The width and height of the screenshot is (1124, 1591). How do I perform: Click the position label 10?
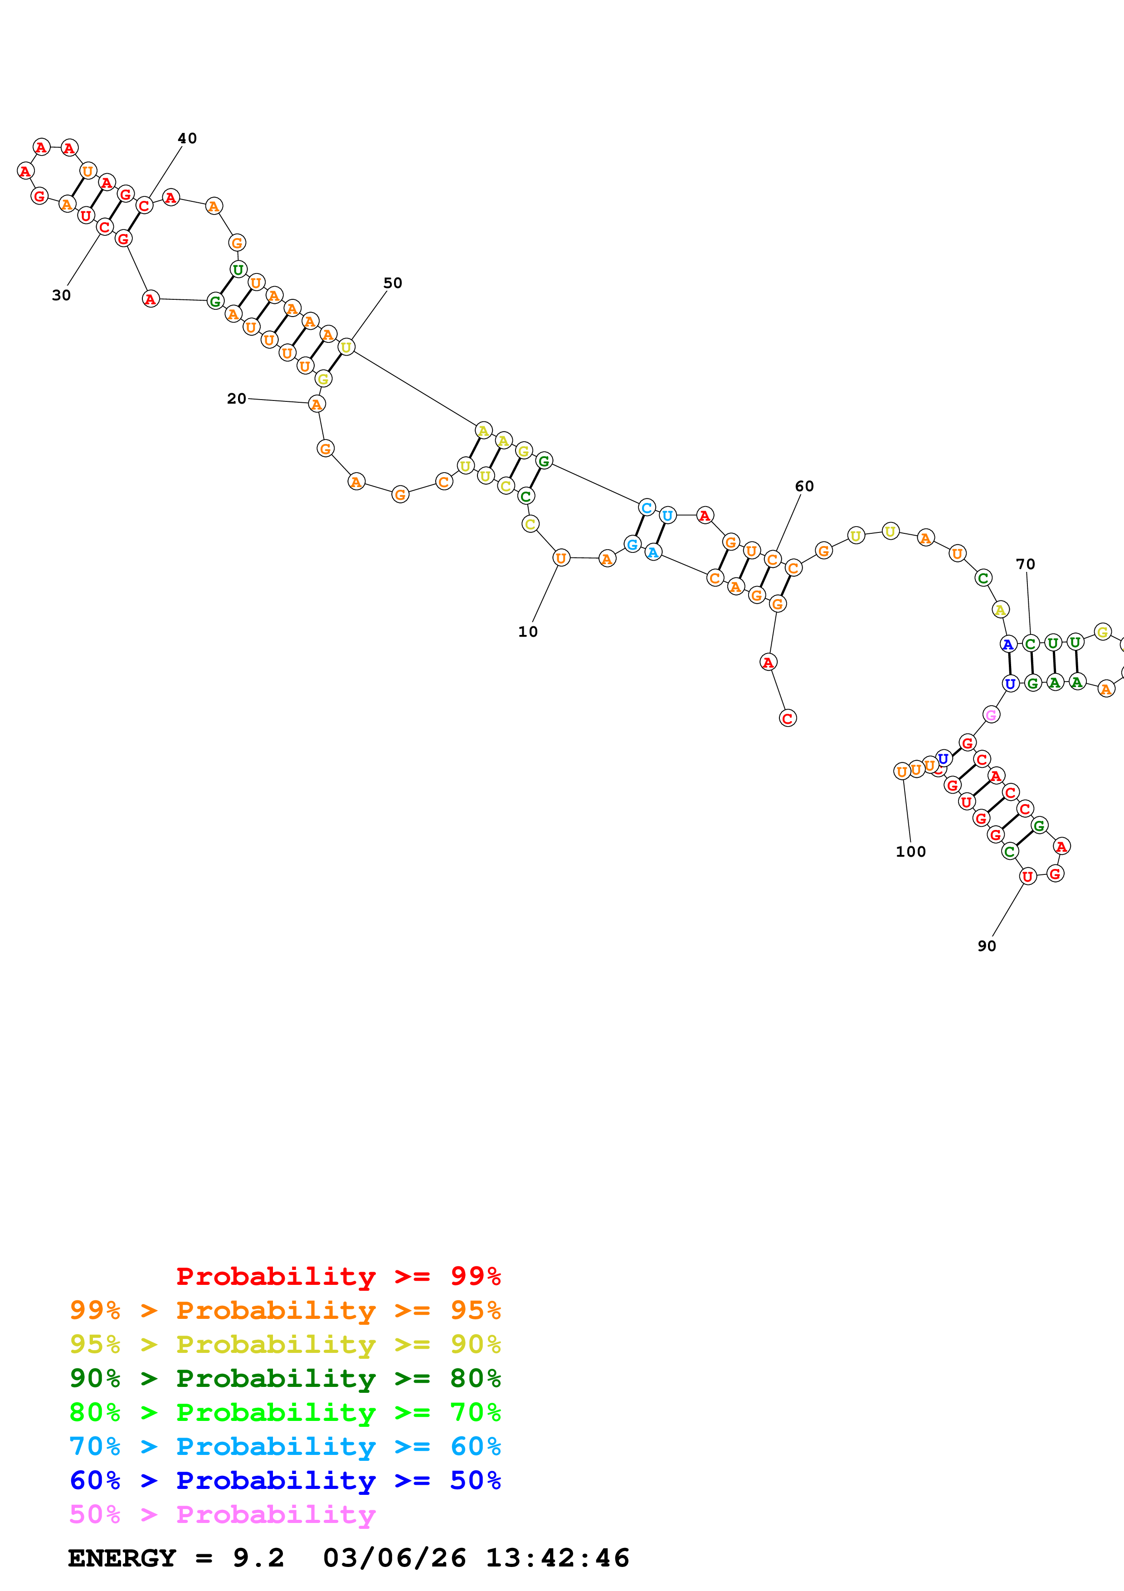pyautogui.click(x=528, y=632)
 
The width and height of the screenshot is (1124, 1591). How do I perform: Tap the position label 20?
pyautogui.click(x=237, y=399)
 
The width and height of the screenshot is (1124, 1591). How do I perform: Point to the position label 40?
pyautogui.click(x=187, y=139)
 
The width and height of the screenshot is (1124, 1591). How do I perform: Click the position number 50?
pyautogui.click(x=393, y=283)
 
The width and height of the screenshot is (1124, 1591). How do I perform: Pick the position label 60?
pyautogui.click(x=804, y=487)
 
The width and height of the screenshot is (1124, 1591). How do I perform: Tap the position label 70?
pyautogui.click(x=1025, y=564)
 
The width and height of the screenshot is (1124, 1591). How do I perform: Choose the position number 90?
pyautogui.click(x=987, y=947)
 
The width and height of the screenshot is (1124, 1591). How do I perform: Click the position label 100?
pyautogui.click(x=911, y=852)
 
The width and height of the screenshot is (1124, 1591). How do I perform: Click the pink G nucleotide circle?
pyautogui.click(x=991, y=714)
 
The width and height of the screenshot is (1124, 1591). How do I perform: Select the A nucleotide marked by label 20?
pyautogui.click(x=316, y=404)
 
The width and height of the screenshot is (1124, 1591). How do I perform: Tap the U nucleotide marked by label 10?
pyautogui.click(x=561, y=558)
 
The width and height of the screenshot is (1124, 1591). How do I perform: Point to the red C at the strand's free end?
pyautogui.click(x=788, y=718)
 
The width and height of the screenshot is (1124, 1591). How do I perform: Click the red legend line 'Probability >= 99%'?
pyautogui.click(x=338, y=1276)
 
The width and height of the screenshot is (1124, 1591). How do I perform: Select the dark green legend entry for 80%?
pyautogui.click(x=285, y=1378)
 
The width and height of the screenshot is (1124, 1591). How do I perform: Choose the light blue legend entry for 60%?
pyautogui.click(x=285, y=1446)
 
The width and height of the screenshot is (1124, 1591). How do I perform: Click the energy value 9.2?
pyautogui.click(x=258, y=1558)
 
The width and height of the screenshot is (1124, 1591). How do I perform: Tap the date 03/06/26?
pyautogui.click(x=394, y=1558)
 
